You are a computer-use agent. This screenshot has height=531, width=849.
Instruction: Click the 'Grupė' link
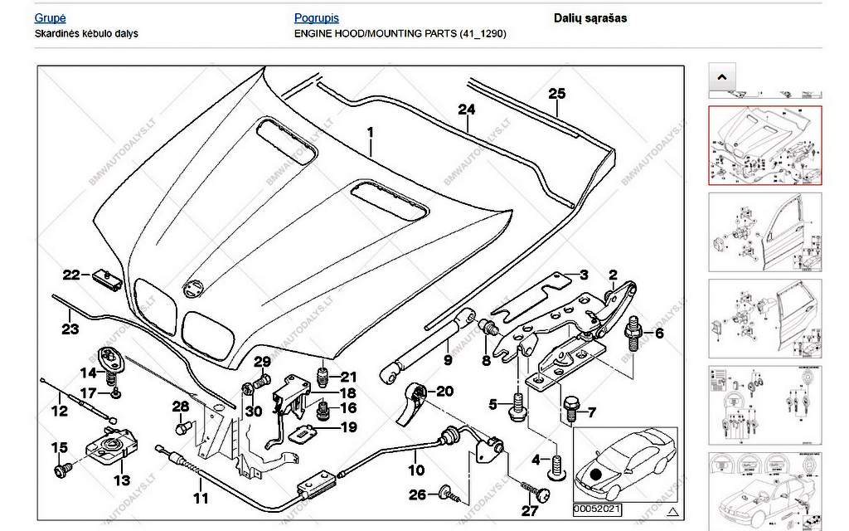tap(51, 17)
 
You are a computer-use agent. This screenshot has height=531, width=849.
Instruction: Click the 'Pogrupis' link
tap(317, 17)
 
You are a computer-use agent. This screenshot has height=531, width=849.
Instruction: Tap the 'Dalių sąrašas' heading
tap(590, 17)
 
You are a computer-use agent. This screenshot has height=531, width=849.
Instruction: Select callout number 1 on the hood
tap(371, 132)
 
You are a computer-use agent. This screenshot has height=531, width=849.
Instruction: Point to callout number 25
tap(556, 93)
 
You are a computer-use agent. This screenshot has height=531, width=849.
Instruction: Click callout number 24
tap(467, 110)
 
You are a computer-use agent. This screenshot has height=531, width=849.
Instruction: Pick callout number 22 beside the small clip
tap(71, 275)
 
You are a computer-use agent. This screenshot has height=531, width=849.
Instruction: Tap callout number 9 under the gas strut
tap(447, 360)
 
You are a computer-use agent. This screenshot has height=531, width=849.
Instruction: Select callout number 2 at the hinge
tap(614, 275)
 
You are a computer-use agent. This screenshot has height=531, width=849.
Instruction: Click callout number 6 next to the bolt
tap(660, 334)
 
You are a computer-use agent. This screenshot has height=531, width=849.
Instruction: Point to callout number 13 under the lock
tap(121, 480)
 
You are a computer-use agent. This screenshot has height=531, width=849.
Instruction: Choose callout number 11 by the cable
tap(200, 499)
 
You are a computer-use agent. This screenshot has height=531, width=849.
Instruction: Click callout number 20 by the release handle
tap(444, 391)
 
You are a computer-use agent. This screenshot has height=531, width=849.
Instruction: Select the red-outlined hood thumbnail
tap(764, 144)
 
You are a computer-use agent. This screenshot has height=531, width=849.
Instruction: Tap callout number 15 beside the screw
tap(60, 448)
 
